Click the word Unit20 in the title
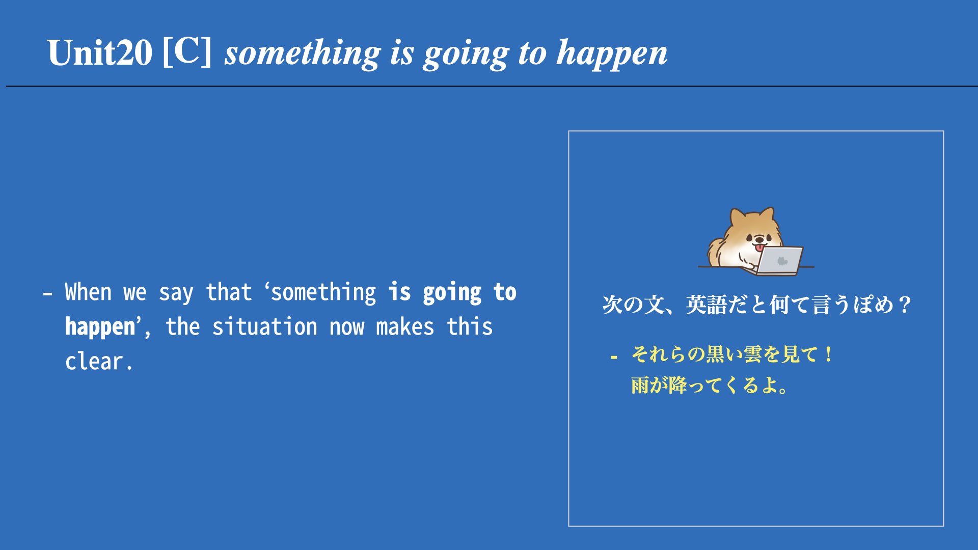(x=100, y=52)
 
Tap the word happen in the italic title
(x=612, y=53)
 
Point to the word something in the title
(x=303, y=53)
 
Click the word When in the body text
(x=88, y=292)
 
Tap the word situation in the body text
(x=264, y=327)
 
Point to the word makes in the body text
(x=405, y=327)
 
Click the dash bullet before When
(x=48, y=294)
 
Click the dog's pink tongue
(x=759, y=248)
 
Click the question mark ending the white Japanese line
(x=905, y=305)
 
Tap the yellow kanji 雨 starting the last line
(x=641, y=386)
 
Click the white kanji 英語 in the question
(x=707, y=305)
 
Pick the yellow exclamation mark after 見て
(x=829, y=354)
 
